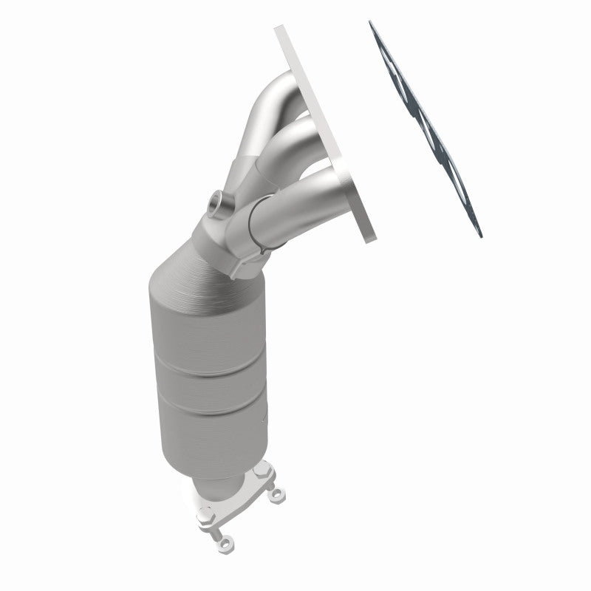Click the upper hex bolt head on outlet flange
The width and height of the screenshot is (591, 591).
tap(262, 470)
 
